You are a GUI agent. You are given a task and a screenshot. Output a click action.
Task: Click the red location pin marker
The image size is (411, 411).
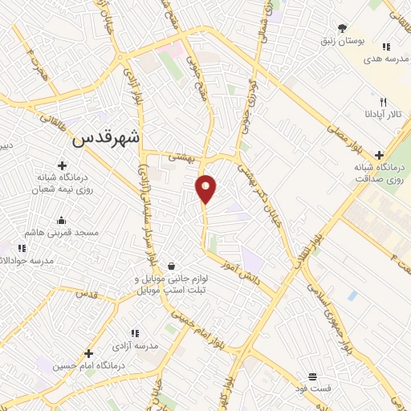[x=206, y=188]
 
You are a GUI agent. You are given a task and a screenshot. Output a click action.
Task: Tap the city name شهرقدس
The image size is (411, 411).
[x=106, y=137]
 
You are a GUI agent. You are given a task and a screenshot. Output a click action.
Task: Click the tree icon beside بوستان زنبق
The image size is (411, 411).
[x=343, y=28]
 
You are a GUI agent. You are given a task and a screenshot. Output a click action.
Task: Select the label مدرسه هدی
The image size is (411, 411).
[x=382, y=59]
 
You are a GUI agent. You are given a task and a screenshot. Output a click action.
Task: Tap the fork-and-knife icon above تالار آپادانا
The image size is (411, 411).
[x=384, y=102]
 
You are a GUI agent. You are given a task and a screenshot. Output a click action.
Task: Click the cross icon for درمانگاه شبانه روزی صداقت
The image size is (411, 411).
[x=379, y=156]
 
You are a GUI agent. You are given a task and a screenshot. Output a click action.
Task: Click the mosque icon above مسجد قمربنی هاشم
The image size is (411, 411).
[x=61, y=221]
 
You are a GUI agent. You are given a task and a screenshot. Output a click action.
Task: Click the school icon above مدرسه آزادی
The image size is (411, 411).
[x=135, y=333]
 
